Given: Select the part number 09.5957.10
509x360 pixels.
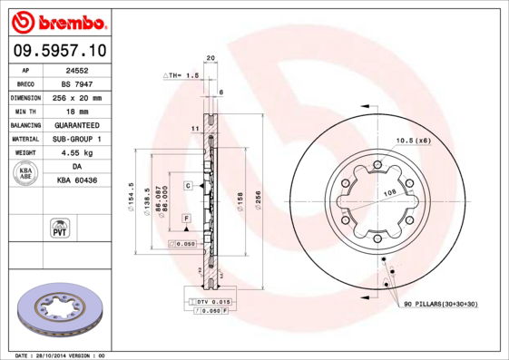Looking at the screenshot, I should click(59, 53).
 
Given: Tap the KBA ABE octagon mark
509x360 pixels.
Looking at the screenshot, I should click(26, 174).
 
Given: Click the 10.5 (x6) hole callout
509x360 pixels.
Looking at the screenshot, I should click(412, 141).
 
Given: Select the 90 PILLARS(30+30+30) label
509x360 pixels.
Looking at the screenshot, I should click(441, 304).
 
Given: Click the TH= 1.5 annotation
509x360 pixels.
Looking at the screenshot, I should click(181, 75).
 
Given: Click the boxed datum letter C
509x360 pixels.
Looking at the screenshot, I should click(188, 185).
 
